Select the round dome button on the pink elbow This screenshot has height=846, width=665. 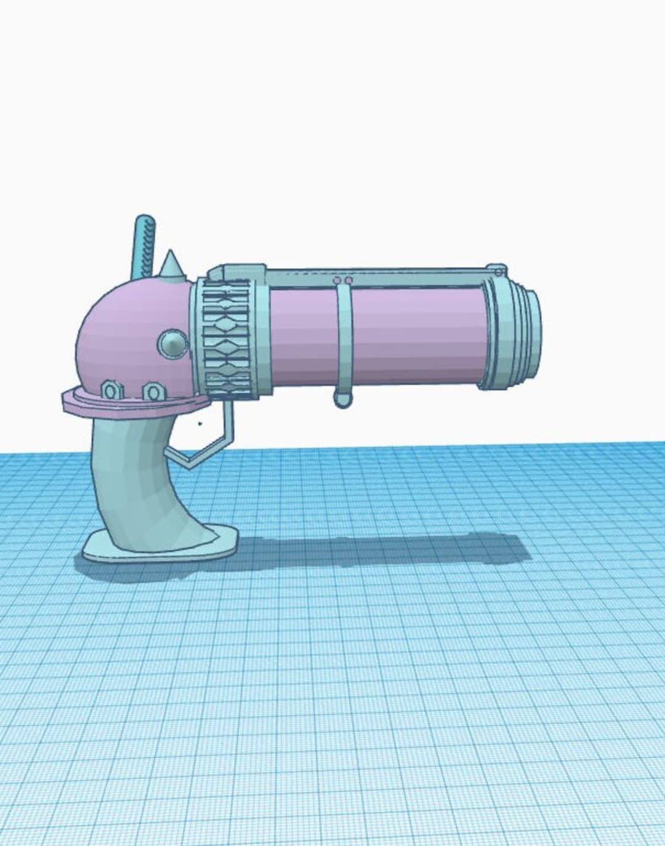[x=172, y=343]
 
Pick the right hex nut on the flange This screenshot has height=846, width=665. [x=151, y=391]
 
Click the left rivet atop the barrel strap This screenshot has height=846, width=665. [x=337, y=281]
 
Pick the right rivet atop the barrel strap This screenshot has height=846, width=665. [x=349, y=281]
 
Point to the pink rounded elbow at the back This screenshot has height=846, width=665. [x=123, y=332]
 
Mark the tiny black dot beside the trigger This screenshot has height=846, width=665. [x=199, y=423]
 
